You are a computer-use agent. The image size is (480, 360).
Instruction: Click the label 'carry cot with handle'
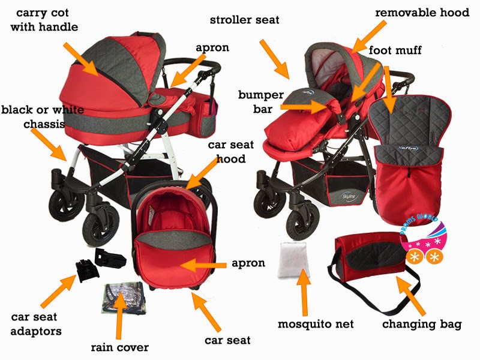(x=47, y=20)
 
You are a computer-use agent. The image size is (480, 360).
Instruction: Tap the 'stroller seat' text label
(x=244, y=20)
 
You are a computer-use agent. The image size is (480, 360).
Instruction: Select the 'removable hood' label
(x=422, y=13)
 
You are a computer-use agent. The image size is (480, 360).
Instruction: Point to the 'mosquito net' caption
(x=316, y=324)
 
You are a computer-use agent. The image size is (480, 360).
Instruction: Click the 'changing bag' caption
(x=422, y=325)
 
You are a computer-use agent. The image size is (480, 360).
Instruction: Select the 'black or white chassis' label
(x=42, y=117)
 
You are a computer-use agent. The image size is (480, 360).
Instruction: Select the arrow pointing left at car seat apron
(x=208, y=264)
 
